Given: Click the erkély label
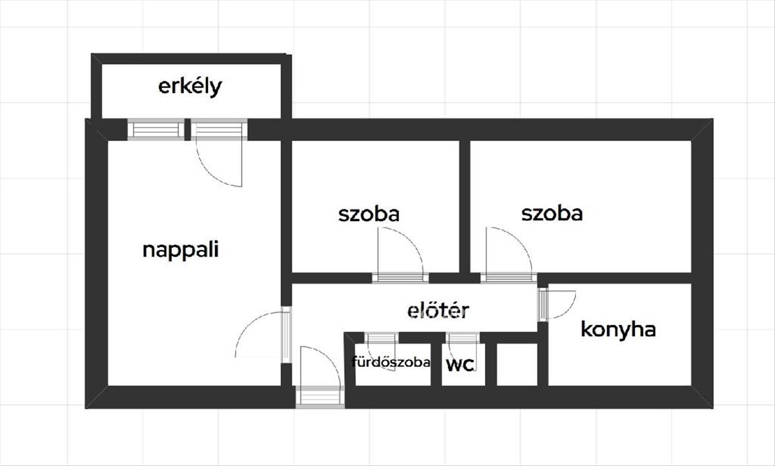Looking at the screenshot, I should click(x=190, y=87).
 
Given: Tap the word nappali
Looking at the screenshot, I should click(x=180, y=249).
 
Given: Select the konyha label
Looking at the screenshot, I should click(x=618, y=330).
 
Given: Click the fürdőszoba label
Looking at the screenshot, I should click(x=391, y=362).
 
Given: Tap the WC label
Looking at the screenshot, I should click(x=460, y=365).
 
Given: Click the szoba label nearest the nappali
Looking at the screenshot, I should click(x=368, y=214).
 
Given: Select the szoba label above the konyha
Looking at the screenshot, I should click(x=552, y=213).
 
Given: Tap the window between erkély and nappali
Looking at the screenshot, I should click(x=155, y=129).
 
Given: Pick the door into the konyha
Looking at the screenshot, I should click(x=544, y=304).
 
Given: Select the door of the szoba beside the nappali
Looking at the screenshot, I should click(x=400, y=278).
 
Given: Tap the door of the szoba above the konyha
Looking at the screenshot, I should click(x=508, y=278).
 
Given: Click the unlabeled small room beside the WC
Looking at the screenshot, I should click(x=517, y=365).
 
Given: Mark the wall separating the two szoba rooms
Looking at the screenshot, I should click(x=464, y=207).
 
